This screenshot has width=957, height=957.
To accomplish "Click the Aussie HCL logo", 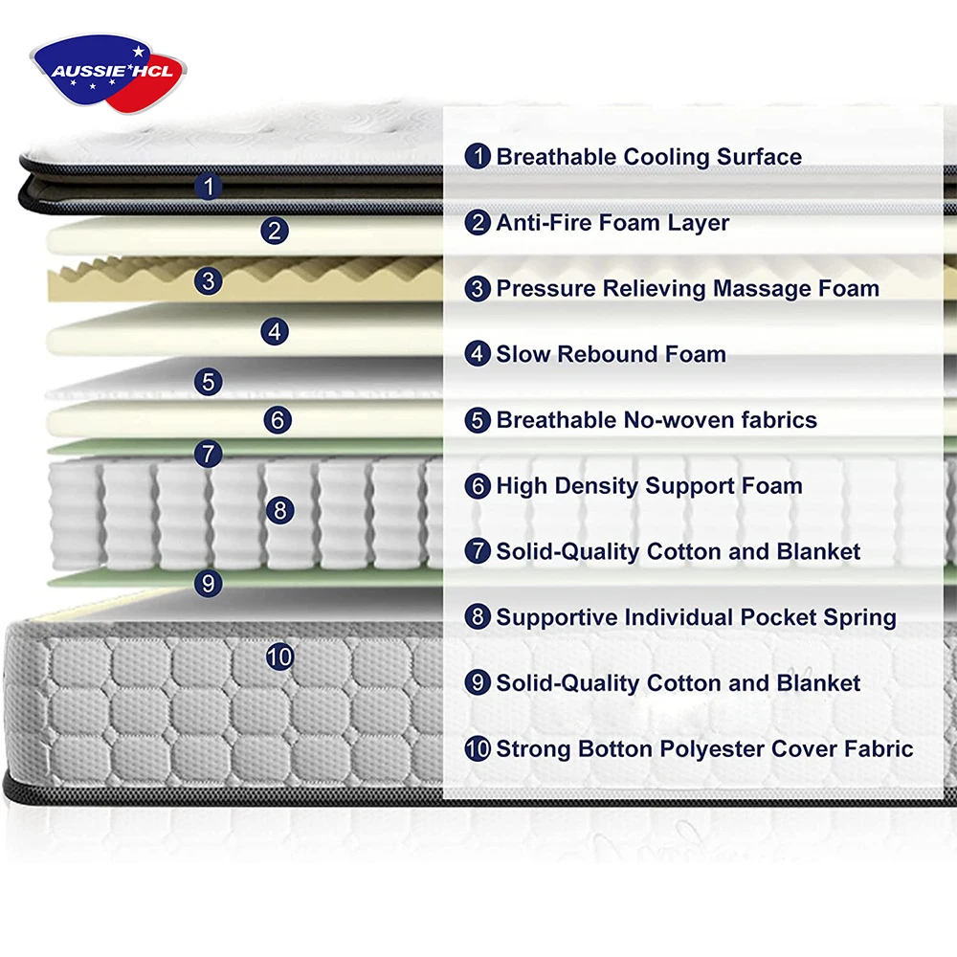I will coord(108,70).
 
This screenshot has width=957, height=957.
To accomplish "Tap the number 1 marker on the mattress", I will coord(209,187).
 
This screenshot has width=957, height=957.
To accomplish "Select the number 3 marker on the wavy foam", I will coord(209,281).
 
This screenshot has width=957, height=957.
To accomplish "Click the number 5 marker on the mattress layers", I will coord(209,382).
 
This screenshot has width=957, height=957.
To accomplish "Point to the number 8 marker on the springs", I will coord(279,511).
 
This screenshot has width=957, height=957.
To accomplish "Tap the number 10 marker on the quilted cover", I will coord(279,657).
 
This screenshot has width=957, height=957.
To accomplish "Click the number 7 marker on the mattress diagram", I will coord(209,454).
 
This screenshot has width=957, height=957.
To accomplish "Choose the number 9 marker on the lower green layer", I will coord(209,582).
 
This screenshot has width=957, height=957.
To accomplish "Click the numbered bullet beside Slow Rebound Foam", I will coord(478,354).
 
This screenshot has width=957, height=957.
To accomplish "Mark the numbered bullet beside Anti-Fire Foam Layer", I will coord(478,223).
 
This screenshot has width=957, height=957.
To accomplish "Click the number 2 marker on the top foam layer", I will coord(276,231).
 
